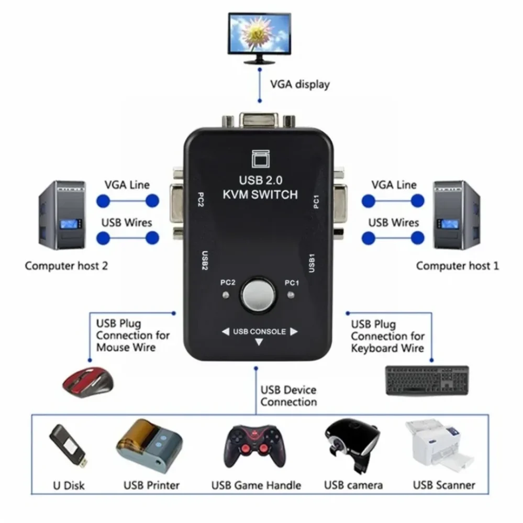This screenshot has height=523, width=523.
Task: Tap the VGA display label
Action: click(x=299, y=84)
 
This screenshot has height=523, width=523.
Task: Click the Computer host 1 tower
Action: click(x=456, y=215)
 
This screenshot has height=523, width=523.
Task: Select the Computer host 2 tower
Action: click(x=62, y=215)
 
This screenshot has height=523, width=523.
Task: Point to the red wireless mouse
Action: click(x=88, y=381)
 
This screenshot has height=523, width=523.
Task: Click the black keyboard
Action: click(x=427, y=381)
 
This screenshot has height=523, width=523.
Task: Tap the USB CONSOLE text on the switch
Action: click(x=259, y=331)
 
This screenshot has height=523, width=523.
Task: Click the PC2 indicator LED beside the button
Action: click(x=226, y=296)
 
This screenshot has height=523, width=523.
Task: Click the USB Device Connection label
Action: click(x=288, y=396)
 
